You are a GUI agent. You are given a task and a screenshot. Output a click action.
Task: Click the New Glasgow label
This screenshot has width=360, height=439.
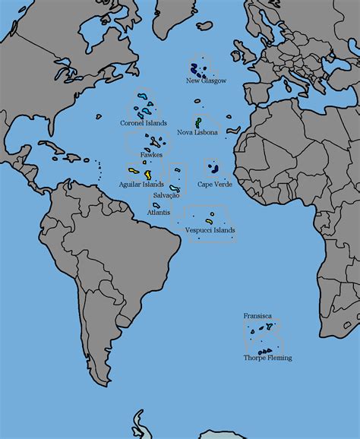point(206,81)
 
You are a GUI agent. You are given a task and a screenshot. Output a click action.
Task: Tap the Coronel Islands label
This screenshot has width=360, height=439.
point(144,123)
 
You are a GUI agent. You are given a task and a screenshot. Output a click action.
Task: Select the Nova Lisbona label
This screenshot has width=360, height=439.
point(197,132)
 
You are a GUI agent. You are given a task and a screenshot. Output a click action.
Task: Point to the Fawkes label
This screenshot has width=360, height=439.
point(151,155)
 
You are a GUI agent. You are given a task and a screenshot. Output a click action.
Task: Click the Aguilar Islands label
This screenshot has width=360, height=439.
point(141,184)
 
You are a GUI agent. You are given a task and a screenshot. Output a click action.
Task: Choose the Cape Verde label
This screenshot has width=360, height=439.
point(215,184)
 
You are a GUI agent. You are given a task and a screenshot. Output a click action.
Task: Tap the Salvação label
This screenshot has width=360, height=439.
point(166,195)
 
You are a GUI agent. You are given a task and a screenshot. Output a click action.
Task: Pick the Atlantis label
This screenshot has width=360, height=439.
point(159,213)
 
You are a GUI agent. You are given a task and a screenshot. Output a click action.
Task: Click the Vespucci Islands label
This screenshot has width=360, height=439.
point(210,230)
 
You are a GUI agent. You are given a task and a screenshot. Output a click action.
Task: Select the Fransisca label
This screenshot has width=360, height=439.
point(257,315)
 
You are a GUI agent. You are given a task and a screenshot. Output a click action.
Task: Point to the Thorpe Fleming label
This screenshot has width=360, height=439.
point(267,358)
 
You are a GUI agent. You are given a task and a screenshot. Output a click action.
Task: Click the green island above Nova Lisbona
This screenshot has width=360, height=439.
point(198,121)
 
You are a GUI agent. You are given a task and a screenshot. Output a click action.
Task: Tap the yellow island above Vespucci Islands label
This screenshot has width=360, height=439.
point(209,222)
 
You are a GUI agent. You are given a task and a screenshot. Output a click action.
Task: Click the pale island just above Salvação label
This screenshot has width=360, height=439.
point(175,188)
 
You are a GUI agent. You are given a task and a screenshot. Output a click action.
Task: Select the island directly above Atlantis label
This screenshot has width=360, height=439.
point(156,205)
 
